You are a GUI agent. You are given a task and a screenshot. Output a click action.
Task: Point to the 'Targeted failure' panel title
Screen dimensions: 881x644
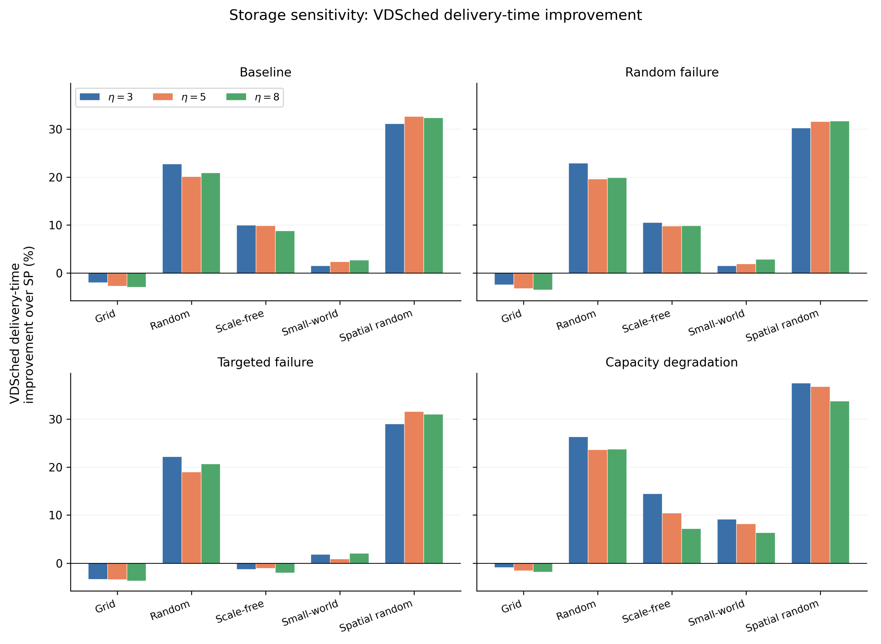pos(265,362)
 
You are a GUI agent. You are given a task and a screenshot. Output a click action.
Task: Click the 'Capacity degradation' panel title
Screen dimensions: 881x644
pos(671,362)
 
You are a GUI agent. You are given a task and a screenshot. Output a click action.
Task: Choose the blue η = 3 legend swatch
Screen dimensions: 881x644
pos(90,97)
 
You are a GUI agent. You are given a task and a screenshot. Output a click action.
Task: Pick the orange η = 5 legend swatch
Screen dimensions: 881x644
pos(163,97)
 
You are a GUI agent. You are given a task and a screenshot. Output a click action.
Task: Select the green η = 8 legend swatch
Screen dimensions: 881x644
pos(236,97)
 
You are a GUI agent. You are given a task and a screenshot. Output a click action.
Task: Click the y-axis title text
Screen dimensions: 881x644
pos(22,325)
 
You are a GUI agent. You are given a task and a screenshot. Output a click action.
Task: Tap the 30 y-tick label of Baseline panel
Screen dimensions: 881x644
pos(55,129)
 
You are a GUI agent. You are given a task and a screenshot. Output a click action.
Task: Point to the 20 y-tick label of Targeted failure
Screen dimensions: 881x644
pos(55,467)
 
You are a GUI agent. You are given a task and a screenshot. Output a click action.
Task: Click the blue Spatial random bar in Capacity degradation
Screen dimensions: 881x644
pos(801,473)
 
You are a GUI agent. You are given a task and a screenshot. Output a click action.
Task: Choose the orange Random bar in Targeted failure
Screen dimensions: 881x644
pos(191,518)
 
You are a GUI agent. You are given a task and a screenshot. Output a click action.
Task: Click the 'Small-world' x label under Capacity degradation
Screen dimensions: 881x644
pos(716,612)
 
